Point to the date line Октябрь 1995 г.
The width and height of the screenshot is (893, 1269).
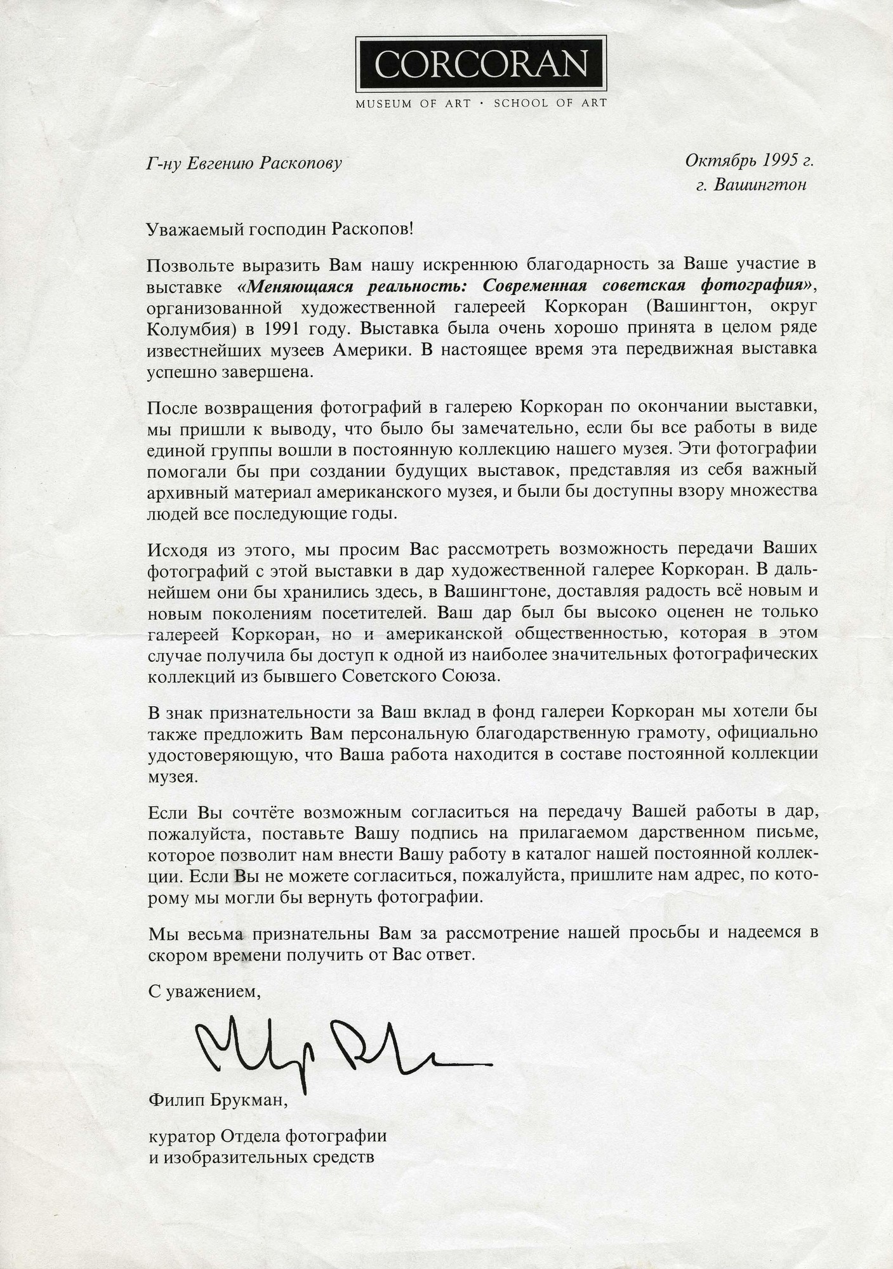pyautogui.click(x=748, y=161)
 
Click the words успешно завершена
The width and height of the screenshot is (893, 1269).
pyautogui.click(x=230, y=372)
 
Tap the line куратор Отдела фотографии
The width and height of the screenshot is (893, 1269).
pyautogui.click(x=267, y=1135)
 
